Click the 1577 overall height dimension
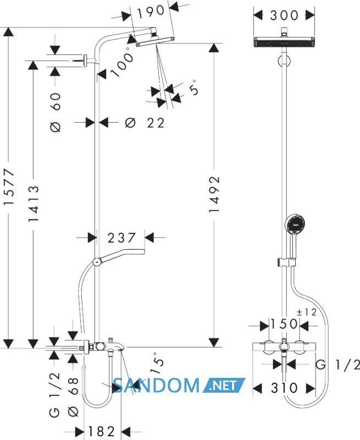click(x=9, y=187)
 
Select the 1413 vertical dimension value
click(x=33, y=204)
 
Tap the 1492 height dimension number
click(x=214, y=195)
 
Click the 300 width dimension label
click(x=284, y=15)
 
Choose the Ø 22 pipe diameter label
click(x=145, y=123)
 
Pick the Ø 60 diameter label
click(x=55, y=112)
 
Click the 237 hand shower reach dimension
click(x=121, y=238)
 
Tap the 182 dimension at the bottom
click(x=102, y=431)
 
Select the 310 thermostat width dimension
click(x=284, y=388)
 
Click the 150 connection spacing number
click(x=284, y=324)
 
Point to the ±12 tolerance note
click(x=307, y=312)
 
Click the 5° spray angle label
click(x=194, y=87)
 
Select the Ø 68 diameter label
click(x=73, y=397)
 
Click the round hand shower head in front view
click(x=295, y=224)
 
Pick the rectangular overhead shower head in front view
click(x=284, y=42)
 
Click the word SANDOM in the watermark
click(x=156, y=386)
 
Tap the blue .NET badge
click(x=224, y=386)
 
